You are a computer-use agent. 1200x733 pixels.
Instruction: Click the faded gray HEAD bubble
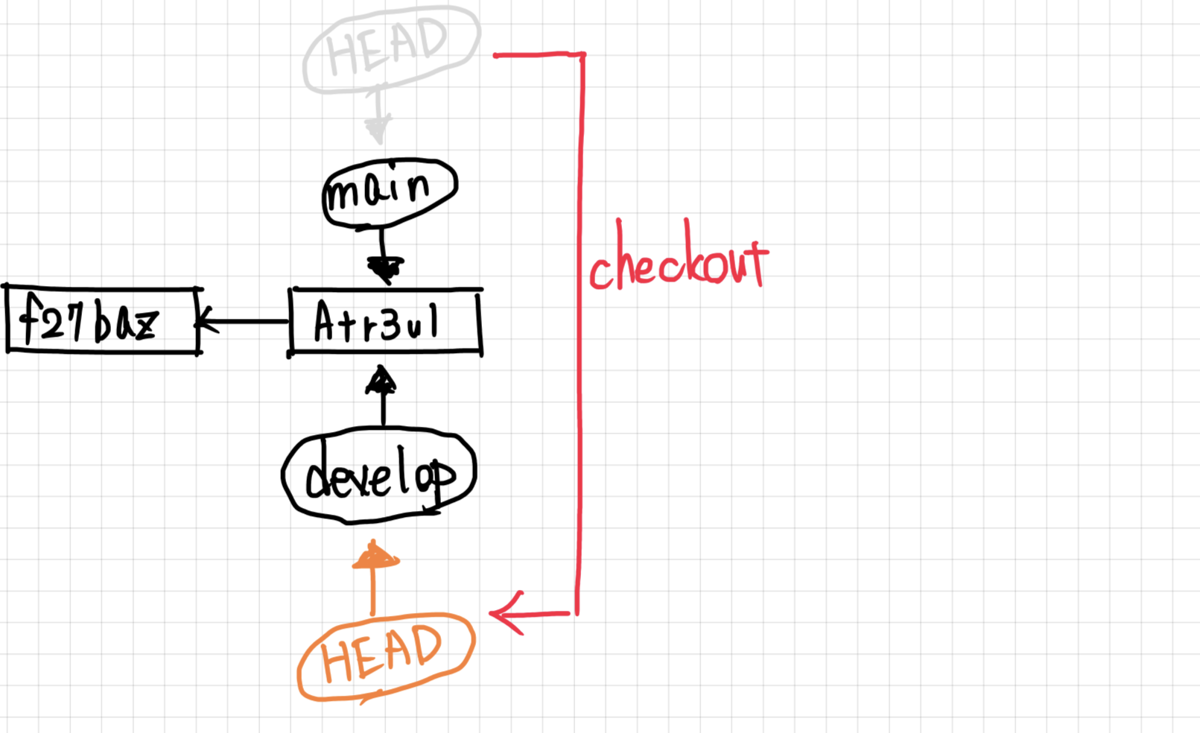click(x=391, y=48)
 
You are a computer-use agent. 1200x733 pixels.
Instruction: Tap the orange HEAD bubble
click(x=386, y=656)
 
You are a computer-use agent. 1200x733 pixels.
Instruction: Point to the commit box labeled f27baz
click(x=103, y=320)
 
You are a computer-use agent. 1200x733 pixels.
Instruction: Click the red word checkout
click(x=678, y=261)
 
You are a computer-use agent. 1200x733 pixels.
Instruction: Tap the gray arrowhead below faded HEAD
click(x=378, y=130)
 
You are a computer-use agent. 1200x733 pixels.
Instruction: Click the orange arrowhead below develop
click(x=375, y=557)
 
